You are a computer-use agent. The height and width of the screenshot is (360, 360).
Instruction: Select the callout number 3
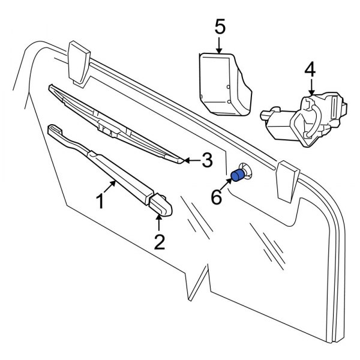coord(206,160)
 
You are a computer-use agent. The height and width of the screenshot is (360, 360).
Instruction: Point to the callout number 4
coord(310,70)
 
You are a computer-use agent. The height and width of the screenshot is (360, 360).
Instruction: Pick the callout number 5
coord(220,26)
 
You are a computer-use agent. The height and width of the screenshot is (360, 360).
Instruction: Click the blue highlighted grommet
coord(238,176)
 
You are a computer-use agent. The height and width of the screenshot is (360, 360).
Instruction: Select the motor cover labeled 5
coord(223,84)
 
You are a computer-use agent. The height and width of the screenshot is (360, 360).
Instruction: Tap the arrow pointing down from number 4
coord(310,88)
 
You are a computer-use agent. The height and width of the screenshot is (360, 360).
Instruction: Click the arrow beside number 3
coord(191,160)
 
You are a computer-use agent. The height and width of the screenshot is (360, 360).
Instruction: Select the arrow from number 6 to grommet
coord(226,185)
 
